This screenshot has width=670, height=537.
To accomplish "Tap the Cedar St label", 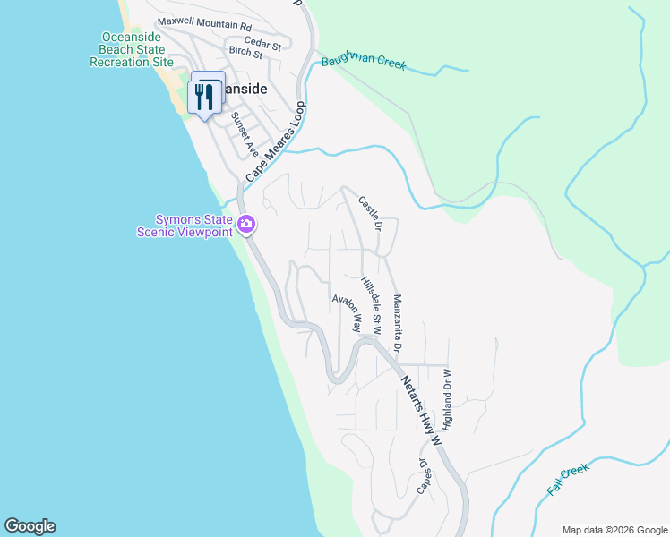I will (267, 43).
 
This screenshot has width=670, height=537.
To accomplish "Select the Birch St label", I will (245, 54).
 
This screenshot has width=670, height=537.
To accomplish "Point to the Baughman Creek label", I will (364, 62).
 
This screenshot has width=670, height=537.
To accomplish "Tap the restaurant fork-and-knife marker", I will (205, 95).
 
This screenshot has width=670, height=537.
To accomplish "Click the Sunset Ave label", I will (244, 133).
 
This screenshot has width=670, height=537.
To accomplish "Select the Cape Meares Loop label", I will (275, 142).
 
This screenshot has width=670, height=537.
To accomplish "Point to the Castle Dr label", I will (370, 214).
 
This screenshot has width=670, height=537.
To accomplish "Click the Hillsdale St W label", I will (371, 305).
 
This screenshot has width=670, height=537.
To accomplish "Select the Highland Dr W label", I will (446, 398).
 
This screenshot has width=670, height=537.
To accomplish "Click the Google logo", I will (30, 526).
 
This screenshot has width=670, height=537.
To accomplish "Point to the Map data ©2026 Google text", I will (614, 530).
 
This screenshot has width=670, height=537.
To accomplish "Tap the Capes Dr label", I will (423, 476).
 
